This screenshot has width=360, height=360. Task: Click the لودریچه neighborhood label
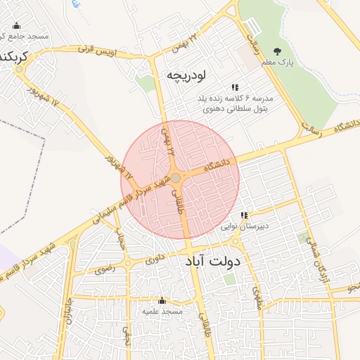(185, 75)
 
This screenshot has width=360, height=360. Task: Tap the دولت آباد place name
(213, 262)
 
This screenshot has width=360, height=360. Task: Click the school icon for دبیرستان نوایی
(244, 215)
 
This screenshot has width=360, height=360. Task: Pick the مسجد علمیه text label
(162, 311)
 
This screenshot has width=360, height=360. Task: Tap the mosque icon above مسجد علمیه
(162, 300)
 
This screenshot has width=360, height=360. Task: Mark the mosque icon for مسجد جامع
(17, 26)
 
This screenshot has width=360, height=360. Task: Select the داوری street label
(155, 259)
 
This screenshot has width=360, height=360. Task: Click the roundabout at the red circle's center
(176, 179)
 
